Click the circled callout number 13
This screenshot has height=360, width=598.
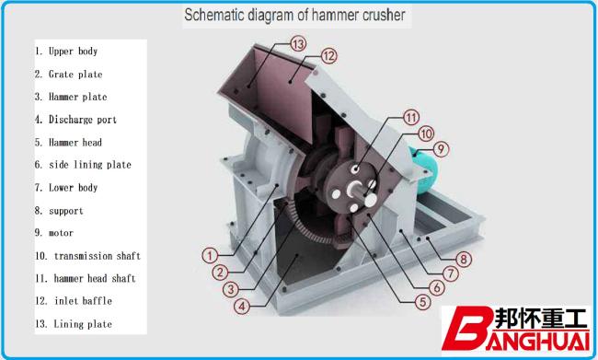(298, 44)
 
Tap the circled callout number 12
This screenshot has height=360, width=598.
(328, 56)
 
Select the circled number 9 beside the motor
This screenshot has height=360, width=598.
(441, 148)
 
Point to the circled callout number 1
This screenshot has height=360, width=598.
(210, 255)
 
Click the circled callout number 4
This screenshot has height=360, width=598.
(242, 306)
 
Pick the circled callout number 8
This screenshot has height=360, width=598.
(464, 260)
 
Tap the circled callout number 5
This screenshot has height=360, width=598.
(422, 302)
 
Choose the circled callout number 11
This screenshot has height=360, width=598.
(411, 117)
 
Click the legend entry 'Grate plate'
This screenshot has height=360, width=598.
(69, 74)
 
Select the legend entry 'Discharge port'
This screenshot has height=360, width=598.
(75, 120)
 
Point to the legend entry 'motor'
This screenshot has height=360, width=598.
(54, 233)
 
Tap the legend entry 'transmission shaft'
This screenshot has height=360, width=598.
(88, 256)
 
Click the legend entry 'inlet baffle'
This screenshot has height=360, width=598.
(74, 301)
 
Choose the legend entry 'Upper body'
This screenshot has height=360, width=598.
(66, 52)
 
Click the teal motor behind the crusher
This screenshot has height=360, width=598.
(425, 170)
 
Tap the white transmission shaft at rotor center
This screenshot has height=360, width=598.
(355, 189)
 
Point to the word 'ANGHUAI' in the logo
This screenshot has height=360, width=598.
(538, 341)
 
